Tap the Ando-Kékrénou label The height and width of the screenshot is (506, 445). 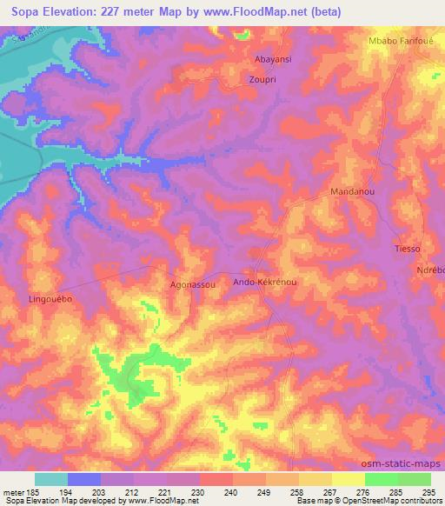coord(266,283)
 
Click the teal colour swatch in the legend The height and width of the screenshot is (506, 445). coord(51,479)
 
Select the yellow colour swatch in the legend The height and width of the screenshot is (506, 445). coord(349,479)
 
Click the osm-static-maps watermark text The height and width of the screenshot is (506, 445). coord(405,464)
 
